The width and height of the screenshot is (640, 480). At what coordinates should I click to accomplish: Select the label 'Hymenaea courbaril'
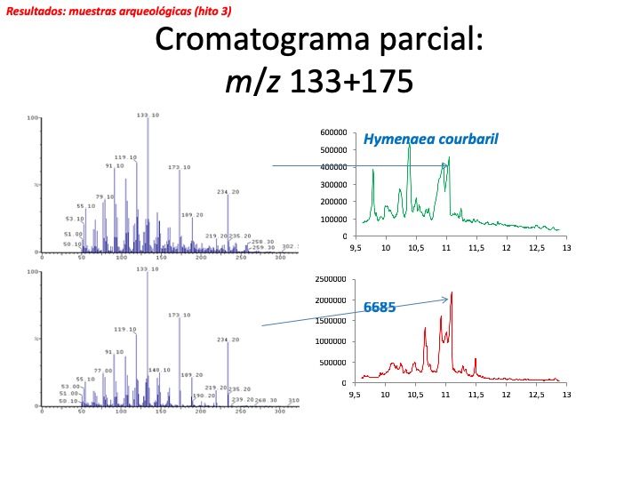(429, 139)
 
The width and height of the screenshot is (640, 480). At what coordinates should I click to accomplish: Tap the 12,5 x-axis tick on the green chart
(536, 247)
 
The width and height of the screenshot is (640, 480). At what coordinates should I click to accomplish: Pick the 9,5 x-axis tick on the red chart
(356, 394)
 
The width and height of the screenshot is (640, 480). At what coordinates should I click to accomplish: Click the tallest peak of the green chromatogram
(409, 143)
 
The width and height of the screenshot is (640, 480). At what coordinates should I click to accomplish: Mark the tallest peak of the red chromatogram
(452, 292)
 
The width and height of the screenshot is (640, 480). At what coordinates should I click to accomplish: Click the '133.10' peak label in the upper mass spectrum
(148, 115)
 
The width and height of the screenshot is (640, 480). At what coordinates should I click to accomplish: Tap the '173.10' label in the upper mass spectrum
(180, 167)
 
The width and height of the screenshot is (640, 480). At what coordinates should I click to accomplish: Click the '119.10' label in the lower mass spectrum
(125, 329)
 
